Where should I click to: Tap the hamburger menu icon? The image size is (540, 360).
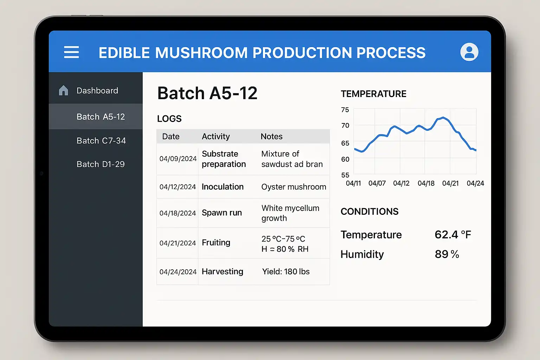71,52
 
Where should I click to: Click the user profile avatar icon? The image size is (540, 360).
469,52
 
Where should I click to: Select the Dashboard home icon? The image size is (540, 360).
63,90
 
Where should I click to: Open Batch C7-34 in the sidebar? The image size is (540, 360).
101,141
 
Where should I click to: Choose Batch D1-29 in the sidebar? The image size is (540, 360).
101,164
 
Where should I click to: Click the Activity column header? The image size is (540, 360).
216,136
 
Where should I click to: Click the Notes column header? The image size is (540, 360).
271,136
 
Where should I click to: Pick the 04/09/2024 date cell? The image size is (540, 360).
178,159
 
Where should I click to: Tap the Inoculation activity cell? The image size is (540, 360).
223,187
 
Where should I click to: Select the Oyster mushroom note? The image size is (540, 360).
294,187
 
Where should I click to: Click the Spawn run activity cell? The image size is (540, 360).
222,213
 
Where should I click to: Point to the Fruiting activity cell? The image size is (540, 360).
216,243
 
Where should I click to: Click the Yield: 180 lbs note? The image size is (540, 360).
286,271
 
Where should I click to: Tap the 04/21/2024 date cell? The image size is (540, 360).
178,243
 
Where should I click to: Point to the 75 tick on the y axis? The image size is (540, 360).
345,110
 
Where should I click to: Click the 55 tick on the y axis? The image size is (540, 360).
345,175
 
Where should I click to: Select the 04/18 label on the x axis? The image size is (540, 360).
426,183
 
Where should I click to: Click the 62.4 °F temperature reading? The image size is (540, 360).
452,234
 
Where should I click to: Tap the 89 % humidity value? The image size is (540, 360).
447,254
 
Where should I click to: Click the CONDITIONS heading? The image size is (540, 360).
369,211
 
